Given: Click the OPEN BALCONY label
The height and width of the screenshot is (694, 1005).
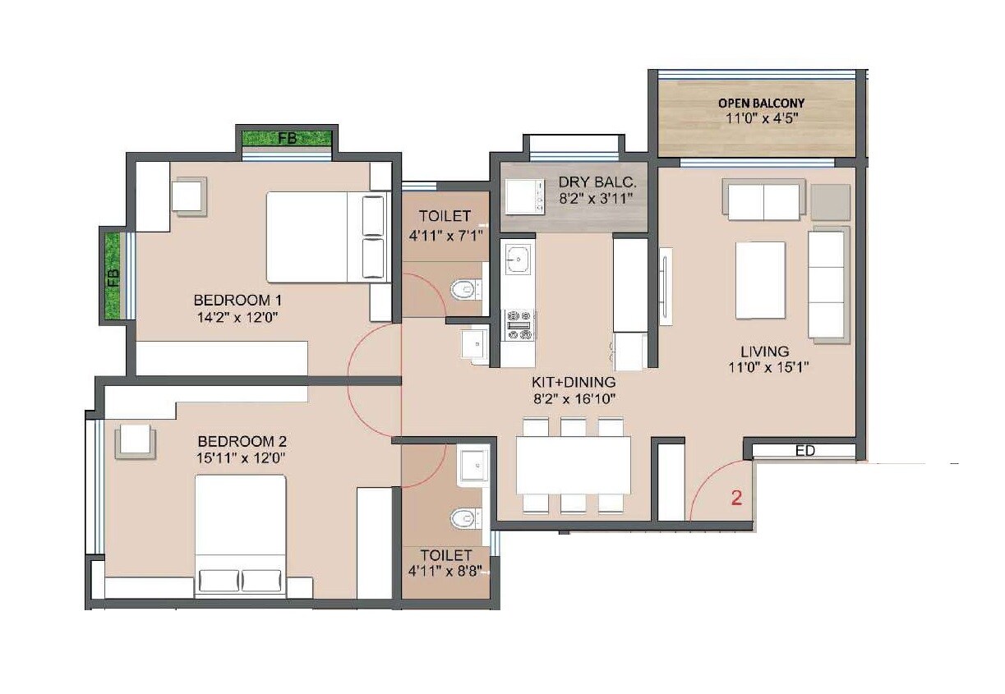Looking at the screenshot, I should click(761, 103).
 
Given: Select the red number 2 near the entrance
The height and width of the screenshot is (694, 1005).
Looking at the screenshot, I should click(737, 498).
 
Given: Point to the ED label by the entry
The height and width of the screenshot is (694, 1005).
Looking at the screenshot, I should click(805, 451).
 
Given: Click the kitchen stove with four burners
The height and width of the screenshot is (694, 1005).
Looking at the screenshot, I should click(519, 325).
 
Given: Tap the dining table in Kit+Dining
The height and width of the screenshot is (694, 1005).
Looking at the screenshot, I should click(573, 465).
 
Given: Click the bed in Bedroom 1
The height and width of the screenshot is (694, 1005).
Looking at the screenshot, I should click(325, 237).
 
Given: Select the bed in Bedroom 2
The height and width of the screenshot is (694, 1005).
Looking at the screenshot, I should click(240, 533).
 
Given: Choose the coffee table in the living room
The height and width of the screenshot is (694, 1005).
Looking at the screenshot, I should click(760, 280).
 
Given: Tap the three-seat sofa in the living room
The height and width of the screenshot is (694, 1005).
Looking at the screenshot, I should click(828, 283).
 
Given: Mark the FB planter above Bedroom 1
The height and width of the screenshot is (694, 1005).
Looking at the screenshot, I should click(287, 138).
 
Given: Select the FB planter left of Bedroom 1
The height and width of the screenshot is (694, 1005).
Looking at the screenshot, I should click(112, 275).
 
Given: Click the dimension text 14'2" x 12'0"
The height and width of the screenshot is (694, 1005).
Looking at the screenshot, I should click(237, 318).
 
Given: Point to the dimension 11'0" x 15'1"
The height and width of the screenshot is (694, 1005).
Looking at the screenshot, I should click(768, 368).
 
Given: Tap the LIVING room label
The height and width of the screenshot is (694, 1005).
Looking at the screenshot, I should click(768, 351).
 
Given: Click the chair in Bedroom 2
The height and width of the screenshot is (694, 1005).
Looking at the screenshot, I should click(134, 440).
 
